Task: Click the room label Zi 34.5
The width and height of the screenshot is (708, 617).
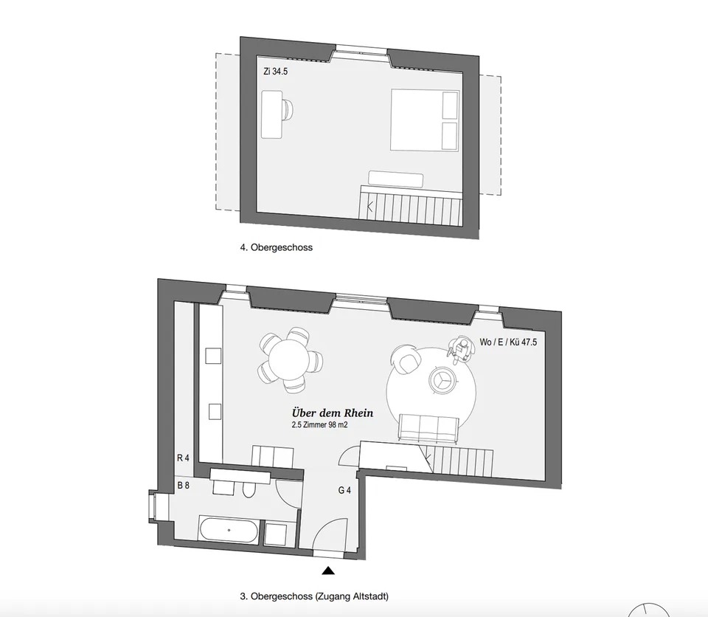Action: (275, 72)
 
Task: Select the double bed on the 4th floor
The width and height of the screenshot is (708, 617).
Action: (425, 120)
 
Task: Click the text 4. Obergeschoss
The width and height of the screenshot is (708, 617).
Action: (277, 247)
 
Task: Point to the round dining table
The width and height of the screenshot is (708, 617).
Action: (288, 360)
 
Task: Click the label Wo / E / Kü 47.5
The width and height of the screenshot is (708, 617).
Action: (508, 342)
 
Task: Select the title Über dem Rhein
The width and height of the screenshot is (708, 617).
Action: (333, 413)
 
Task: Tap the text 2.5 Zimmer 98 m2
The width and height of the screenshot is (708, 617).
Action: (319, 425)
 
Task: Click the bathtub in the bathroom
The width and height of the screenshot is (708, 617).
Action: (229, 530)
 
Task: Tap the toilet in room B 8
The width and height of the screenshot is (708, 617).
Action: (249, 488)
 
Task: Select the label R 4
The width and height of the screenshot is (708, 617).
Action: (183, 458)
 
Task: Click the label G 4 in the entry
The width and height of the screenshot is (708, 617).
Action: (344, 490)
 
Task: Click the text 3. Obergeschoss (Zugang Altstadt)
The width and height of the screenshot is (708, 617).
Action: (314, 596)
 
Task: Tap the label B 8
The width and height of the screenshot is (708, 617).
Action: (184, 486)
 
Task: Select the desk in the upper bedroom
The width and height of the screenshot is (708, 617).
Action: (272, 114)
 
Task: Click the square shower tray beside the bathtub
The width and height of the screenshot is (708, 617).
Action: (275, 534)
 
